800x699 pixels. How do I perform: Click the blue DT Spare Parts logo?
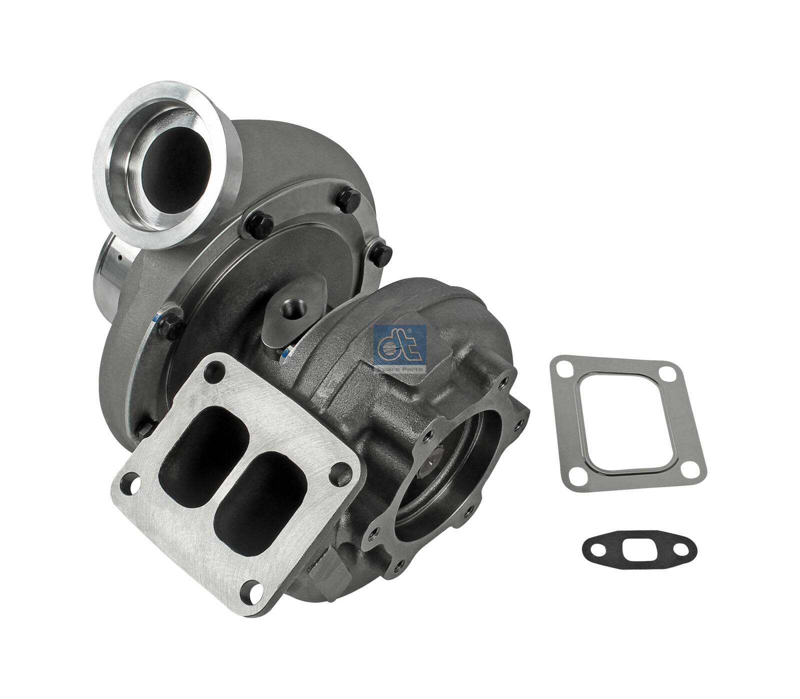coord(399,349)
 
